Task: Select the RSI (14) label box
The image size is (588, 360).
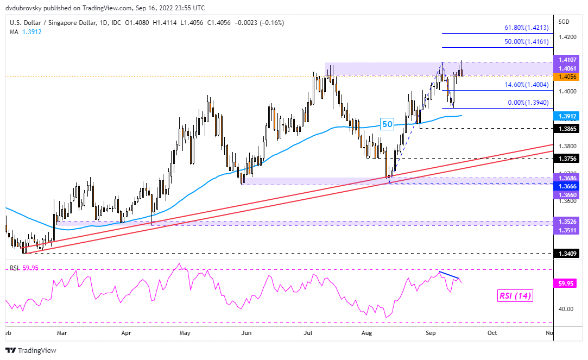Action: coord(515,296)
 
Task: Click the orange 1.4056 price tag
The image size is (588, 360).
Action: coord(566,77)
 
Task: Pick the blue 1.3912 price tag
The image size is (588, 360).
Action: coord(566,116)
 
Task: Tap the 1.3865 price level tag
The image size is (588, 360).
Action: coord(566,129)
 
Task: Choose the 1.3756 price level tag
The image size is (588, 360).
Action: coord(566,159)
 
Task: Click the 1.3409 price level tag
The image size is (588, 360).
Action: coord(566,253)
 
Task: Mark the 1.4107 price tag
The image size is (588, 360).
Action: coord(566,60)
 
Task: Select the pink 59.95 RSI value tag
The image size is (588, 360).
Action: coord(566,283)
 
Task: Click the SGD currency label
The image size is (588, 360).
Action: coord(564,22)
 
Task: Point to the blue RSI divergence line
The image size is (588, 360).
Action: coord(450,274)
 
